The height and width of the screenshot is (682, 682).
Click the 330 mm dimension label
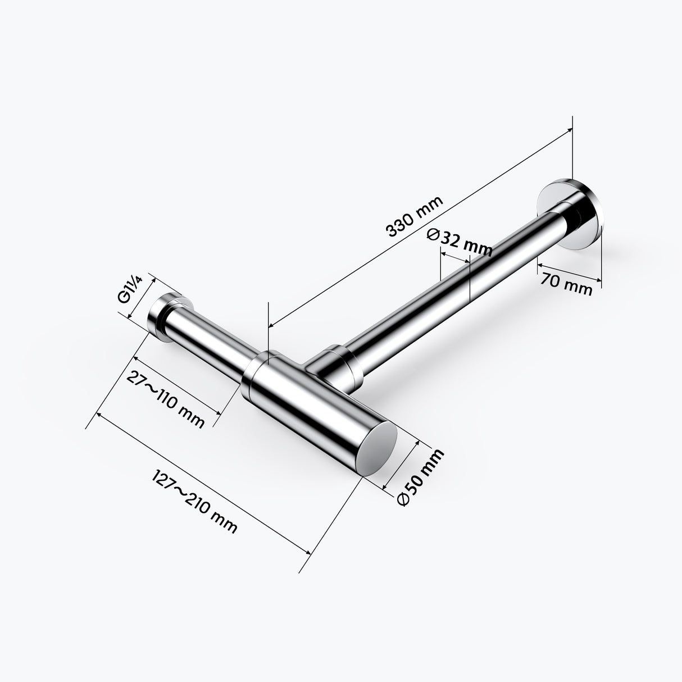coord(415,216)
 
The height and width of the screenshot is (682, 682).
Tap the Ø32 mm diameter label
coord(459,243)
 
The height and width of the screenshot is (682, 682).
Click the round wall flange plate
coord(570,213)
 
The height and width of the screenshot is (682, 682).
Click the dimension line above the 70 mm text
coord(569,271)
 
